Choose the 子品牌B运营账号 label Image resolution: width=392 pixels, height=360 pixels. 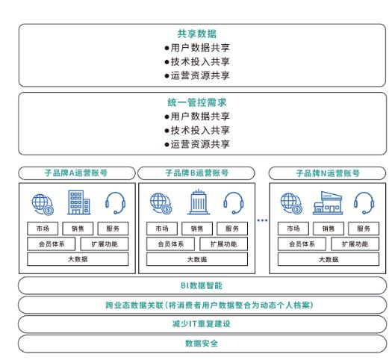pos(196,173)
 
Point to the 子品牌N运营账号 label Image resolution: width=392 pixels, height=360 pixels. pos(327,173)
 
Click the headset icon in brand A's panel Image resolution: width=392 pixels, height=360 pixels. pos(115,202)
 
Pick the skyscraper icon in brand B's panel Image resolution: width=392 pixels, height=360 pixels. pos(196,202)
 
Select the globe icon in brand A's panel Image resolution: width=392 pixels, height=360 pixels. pos(41,202)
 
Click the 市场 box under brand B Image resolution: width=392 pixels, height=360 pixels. pos(160,229)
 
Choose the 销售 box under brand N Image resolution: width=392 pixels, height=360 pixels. pos(327,229)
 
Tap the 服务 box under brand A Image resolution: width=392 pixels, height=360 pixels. pos(112,229)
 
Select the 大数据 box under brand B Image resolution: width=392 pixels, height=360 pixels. pos(196,259)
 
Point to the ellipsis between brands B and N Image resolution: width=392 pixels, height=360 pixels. pos(262,220)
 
